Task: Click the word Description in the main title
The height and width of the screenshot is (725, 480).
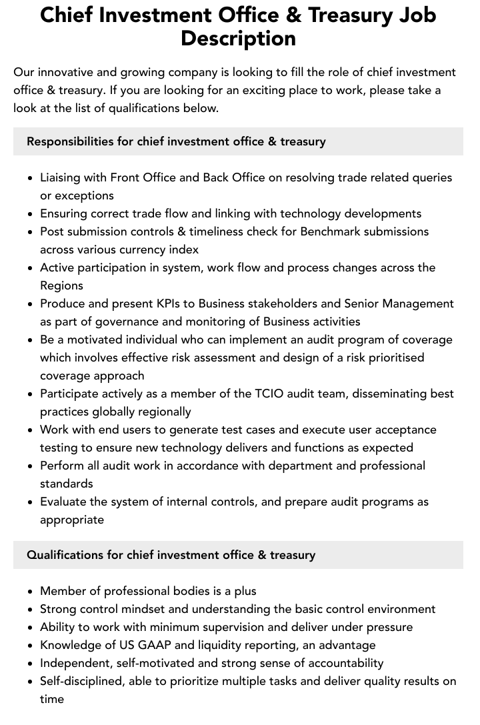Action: [238, 38]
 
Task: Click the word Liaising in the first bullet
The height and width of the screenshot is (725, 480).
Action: [63, 177]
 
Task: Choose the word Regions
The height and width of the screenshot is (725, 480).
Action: [61, 285]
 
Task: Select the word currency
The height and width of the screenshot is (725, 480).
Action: [141, 249]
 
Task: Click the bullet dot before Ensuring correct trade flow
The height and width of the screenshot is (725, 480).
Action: [31, 214]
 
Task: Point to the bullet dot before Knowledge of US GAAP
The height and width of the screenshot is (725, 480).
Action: [31, 646]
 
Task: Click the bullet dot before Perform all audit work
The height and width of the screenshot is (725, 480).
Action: [31, 466]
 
